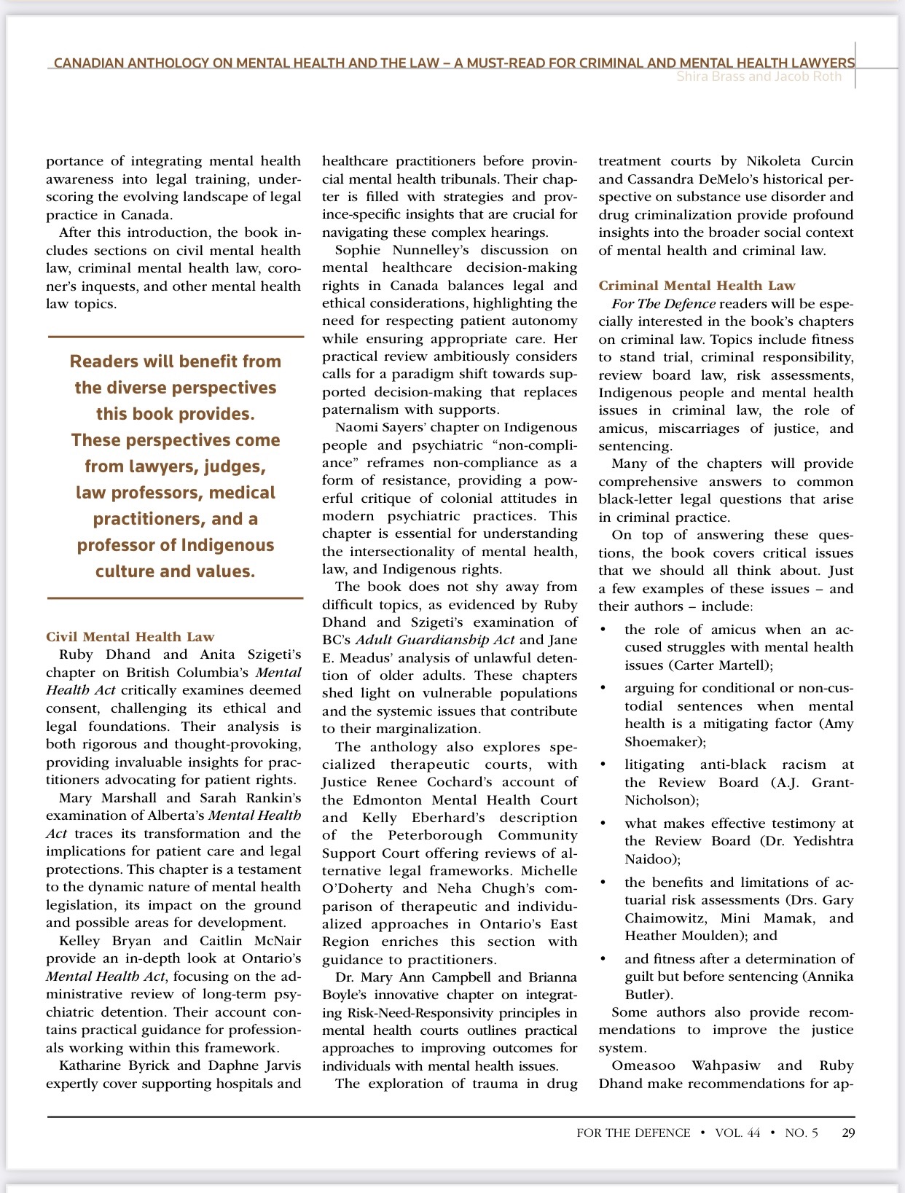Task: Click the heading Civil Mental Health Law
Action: click(130, 637)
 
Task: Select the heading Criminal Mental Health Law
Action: click(697, 286)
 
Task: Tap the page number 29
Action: click(848, 1133)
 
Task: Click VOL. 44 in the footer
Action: click(737, 1133)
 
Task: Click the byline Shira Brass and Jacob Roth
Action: click(759, 77)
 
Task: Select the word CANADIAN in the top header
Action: click(89, 63)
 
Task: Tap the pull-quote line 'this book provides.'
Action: click(176, 414)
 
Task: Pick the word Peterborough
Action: click(435, 835)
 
